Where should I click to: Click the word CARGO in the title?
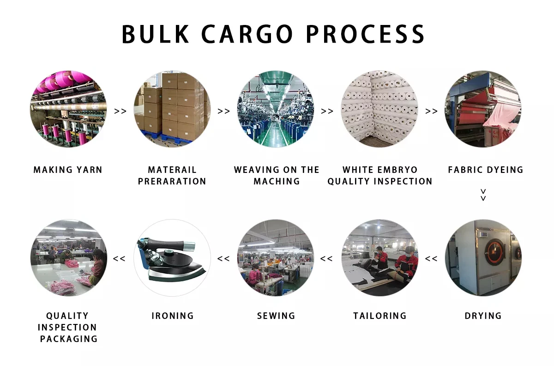[x=247, y=34]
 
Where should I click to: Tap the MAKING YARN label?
[x=68, y=170]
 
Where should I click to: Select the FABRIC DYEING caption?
[x=486, y=170]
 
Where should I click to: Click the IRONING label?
[x=173, y=316]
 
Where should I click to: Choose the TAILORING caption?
[x=380, y=316]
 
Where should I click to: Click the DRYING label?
[x=483, y=316]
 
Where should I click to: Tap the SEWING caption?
[x=276, y=316]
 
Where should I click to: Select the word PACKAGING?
[x=69, y=339]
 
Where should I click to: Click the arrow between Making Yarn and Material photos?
[x=120, y=111]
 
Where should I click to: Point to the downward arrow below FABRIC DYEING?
[x=483, y=195]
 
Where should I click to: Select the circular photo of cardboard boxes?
[x=172, y=109]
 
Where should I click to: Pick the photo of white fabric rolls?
[x=379, y=109]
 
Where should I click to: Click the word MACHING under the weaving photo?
[x=277, y=182]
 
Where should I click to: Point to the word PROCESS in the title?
[x=365, y=34]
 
